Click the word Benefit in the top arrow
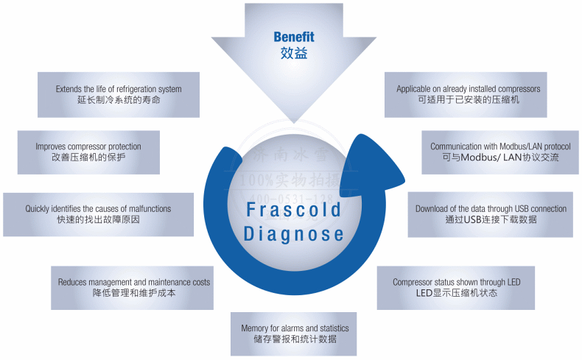tap(293, 37)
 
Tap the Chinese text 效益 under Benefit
tap(293, 54)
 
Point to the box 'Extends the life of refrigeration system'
tap(119, 94)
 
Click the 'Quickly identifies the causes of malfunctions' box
tap(98, 214)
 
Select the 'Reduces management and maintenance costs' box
tap(134, 287)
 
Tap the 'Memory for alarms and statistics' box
tap(295, 333)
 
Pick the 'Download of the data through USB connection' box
tap(491, 214)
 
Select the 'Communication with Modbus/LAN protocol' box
tap(500, 152)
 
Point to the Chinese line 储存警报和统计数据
tap(295, 339)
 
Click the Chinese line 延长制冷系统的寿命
tap(119, 100)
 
